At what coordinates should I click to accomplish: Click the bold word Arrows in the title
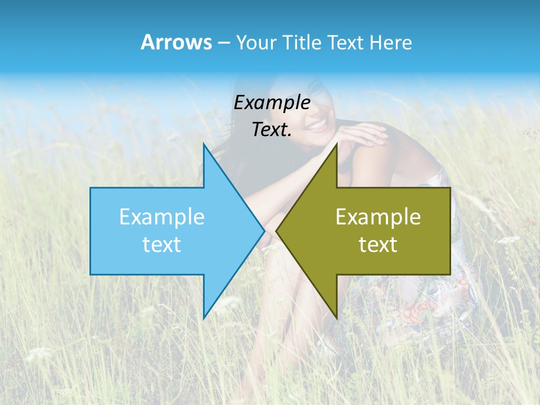176,42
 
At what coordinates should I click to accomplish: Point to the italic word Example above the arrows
272,102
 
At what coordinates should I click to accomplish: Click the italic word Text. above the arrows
272,129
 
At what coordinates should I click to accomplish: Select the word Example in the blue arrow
162,217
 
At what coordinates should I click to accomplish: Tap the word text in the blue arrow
162,244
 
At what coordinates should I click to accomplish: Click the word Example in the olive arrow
378,217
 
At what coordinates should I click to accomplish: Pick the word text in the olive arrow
378,244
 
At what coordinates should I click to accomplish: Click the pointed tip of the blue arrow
264,231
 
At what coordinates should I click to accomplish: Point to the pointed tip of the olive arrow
277,231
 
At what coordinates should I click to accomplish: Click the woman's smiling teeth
318,123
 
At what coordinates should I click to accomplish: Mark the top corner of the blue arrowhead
204,145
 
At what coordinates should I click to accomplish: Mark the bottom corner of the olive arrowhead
336,317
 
